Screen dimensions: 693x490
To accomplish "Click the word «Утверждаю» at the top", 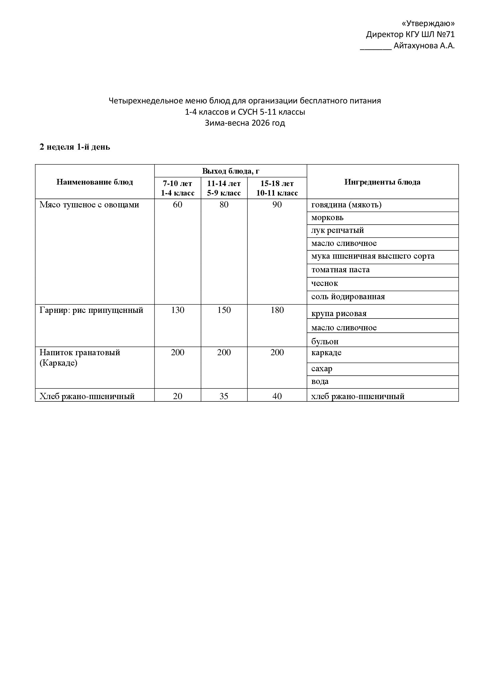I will pos(428,23).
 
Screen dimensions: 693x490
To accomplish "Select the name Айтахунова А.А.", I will pos(424,46).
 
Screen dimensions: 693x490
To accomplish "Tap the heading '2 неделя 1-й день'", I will pos(75,147).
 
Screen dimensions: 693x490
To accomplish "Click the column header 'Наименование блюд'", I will pos(95,182).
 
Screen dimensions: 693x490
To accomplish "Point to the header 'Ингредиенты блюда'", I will pos(382,182).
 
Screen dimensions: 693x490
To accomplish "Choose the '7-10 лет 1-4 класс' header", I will pos(177,188).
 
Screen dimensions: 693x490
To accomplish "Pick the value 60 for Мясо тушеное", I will pos(177,205).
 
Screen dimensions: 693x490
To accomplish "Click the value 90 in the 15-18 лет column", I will pos(277,205).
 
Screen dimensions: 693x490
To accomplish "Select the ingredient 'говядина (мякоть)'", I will pos(346,205).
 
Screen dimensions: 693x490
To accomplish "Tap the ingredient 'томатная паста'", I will pos(340,270).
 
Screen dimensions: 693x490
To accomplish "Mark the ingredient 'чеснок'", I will pos(324,283).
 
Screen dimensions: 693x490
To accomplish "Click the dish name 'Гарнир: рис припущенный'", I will pos(91,310).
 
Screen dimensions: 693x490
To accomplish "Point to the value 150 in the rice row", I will pos(224,310).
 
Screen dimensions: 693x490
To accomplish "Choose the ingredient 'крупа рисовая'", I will pos(339,313).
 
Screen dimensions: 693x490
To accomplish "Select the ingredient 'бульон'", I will pos(325,341).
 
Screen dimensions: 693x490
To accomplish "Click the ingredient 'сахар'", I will pos(322,369).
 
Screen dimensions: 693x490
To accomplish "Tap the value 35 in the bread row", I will pos(224,396).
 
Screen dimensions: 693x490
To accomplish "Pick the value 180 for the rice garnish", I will pos(277,310).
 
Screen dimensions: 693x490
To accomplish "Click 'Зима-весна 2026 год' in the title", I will pos(245,123).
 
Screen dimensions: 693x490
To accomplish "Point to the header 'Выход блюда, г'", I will pos(230,171).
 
